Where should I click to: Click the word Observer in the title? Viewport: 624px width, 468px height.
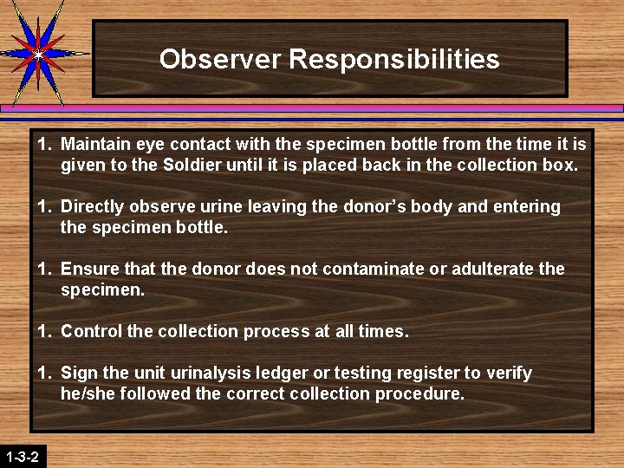220,59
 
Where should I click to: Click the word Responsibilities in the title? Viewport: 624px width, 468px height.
394,59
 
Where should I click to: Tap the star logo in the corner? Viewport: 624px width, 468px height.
36,53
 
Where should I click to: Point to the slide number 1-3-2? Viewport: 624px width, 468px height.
22,456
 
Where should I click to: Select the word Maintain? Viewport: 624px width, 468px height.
94,144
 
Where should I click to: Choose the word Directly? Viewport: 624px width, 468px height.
92,206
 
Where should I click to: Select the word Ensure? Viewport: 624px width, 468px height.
88,269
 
